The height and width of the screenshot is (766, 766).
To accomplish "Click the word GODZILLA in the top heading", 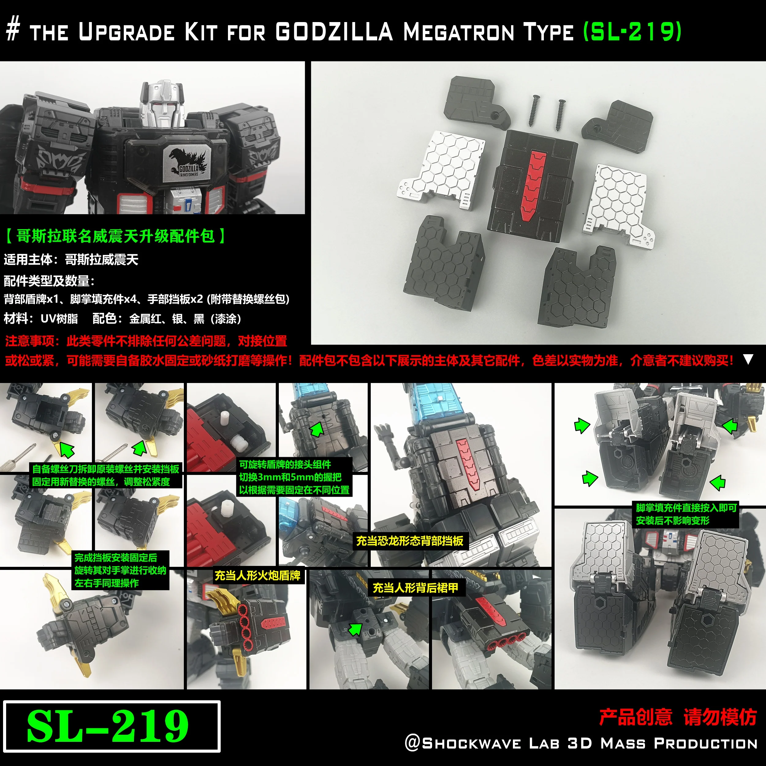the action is [334, 32].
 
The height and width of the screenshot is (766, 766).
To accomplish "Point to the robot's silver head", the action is [163, 104].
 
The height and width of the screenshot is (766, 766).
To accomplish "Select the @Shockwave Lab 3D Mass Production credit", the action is [581, 743].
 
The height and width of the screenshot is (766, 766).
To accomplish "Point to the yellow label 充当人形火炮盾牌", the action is [257, 575].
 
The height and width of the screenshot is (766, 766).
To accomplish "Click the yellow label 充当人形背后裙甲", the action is [415, 588].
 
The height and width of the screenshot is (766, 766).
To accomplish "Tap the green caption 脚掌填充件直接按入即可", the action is [686, 508].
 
